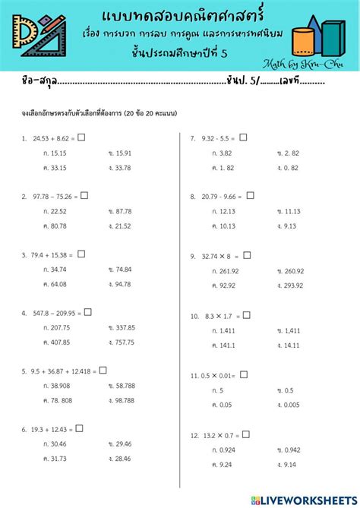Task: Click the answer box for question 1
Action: pos(81,137)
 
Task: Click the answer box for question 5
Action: pos(103,370)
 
